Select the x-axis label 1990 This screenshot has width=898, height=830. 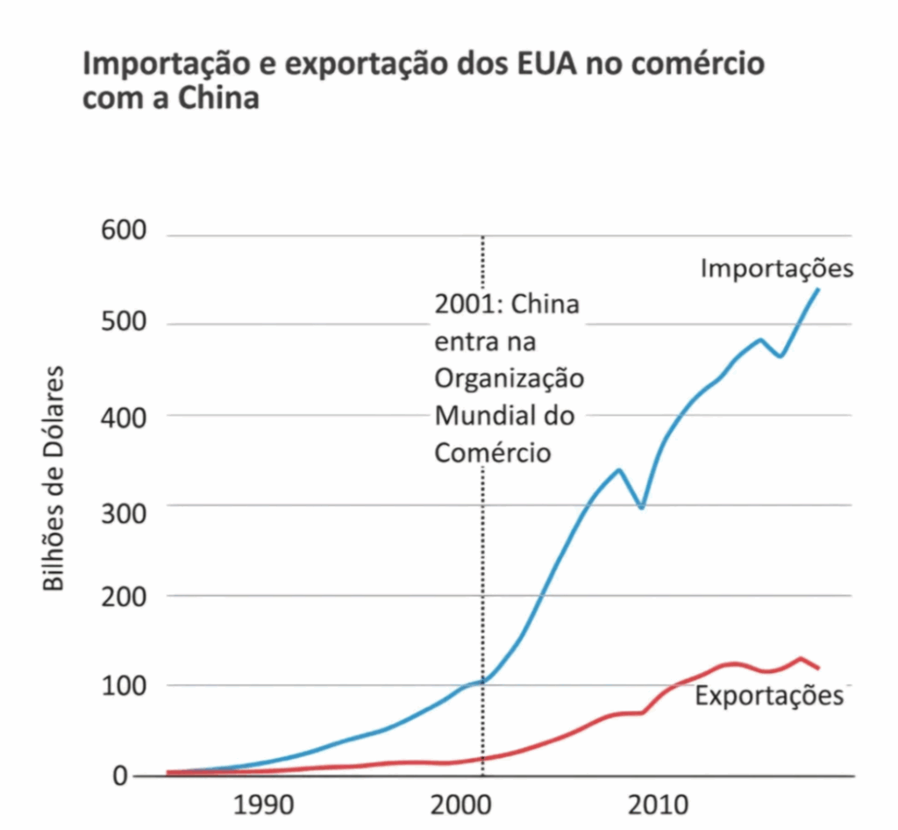[260, 806]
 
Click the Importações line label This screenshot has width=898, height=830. [776, 268]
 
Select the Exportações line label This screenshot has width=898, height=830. [768, 697]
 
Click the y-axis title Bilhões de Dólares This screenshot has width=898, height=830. [54, 479]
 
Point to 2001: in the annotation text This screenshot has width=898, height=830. [468, 305]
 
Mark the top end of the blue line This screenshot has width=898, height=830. [817, 289]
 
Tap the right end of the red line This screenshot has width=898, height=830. [817, 669]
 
